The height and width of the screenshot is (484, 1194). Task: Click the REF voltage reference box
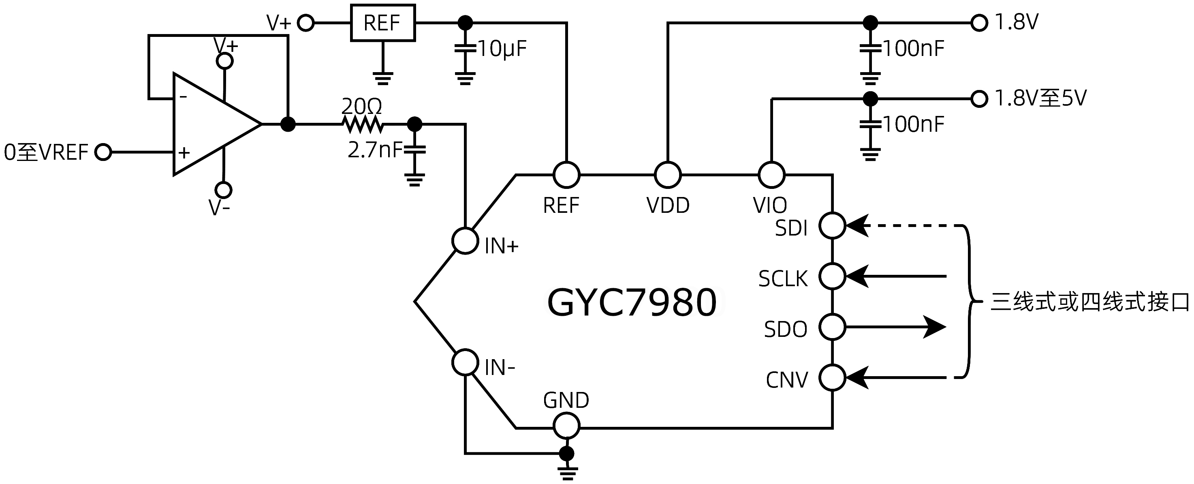pyautogui.click(x=382, y=23)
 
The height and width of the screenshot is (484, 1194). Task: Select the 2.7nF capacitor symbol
pyautogui.click(x=414, y=150)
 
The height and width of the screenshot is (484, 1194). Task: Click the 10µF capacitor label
pyautogui.click(x=502, y=49)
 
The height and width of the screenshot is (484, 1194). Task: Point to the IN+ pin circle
pyautogui.click(x=465, y=241)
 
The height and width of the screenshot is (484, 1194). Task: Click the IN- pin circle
pyautogui.click(x=465, y=362)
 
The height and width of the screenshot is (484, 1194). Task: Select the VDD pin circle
pyautogui.click(x=667, y=175)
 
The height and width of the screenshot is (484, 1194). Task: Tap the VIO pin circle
pyautogui.click(x=771, y=175)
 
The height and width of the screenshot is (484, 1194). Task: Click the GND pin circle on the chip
pyautogui.click(x=566, y=425)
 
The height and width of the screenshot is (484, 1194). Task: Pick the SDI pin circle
pyautogui.click(x=833, y=226)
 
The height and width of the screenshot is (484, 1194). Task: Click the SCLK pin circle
pyautogui.click(x=833, y=276)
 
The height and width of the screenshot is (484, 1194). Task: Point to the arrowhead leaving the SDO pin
pyautogui.click(x=934, y=327)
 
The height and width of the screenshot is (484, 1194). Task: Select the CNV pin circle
pyautogui.click(x=833, y=377)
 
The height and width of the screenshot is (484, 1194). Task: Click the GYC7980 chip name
pyautogui.click(x=632, y=302)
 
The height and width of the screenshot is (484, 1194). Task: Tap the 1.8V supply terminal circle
pyautogui.click(x=979, y=22)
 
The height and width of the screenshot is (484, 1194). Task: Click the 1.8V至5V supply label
pyautogui.click(x=1040, y=98)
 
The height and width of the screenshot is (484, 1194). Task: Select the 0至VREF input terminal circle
pyautogui.click(x=103, y=152)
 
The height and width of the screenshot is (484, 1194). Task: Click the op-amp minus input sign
pyautogui.click(x=184, y=97)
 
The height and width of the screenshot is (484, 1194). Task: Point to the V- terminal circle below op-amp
pyautogui.click(x=223, y=190)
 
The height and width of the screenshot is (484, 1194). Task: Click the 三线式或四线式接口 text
pyautogui.click(x=1089, y=302)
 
